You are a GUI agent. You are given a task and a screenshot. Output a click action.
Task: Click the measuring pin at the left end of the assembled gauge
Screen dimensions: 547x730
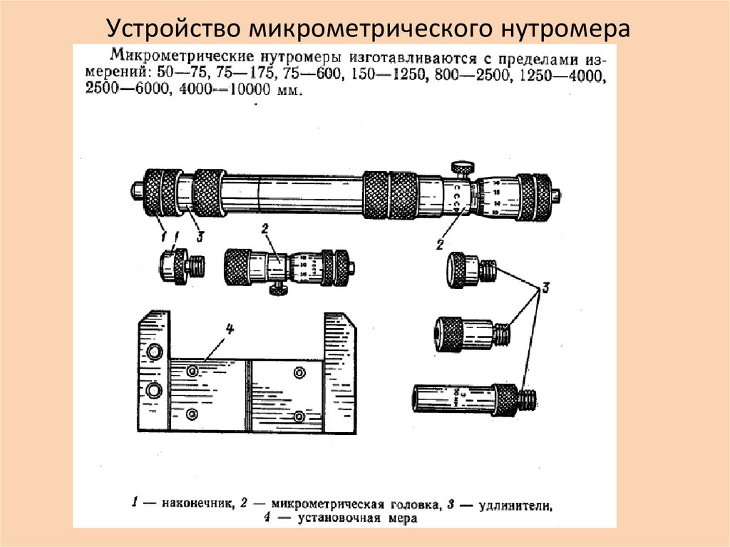pyautogui.click(x=135, y=190)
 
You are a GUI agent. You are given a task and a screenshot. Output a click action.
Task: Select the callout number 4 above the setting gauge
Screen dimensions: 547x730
pyautogui.click(x=230, y=329)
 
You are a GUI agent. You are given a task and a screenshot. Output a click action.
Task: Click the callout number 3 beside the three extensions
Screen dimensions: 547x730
pyautogui.click(x=545, y=289)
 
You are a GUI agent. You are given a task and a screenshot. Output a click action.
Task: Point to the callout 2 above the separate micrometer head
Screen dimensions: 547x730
pyautogui.click(x=264, y=229)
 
